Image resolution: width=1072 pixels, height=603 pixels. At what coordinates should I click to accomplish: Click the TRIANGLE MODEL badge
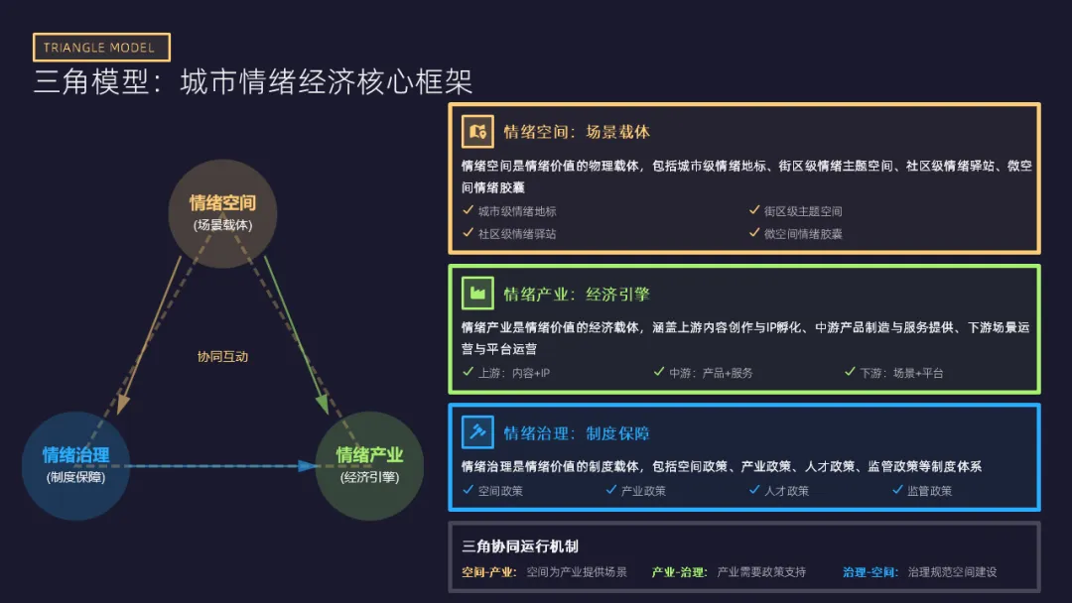[x=101, y=48]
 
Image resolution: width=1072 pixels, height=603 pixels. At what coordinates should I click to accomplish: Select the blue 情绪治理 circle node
[x=75, y=465]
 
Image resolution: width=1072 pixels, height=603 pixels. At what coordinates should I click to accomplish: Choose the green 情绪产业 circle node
[x=369, y=465]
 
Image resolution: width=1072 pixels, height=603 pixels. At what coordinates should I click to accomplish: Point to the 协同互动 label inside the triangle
[x=222, y=356]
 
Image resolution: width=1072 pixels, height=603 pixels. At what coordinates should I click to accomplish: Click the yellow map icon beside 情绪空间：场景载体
[x=477, y=131]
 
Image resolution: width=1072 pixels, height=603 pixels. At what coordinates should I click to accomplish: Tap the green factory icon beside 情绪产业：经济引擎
[x=477, y=294]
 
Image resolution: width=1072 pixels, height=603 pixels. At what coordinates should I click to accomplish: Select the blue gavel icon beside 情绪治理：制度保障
[x=477, y=432]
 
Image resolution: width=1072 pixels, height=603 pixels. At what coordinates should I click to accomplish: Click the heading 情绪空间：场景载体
[x=577, y=132]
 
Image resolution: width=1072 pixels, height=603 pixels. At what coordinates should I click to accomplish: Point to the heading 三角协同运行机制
[x=520, y=546]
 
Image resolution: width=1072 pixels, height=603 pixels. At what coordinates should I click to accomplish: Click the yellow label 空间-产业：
[x=489, y=572]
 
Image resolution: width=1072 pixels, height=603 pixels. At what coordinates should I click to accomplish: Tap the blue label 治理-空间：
[x=871, y=572]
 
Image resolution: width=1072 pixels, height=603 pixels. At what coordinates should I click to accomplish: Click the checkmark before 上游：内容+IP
[x=469, y=372]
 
